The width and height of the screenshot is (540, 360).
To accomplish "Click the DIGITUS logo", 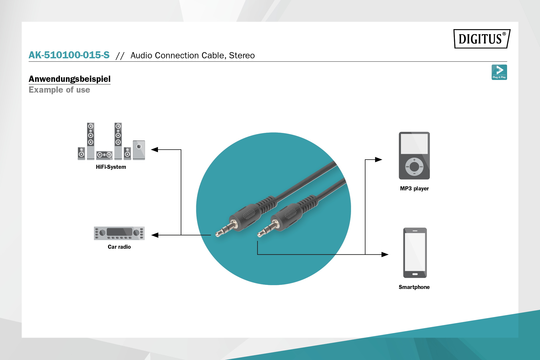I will [482, 39].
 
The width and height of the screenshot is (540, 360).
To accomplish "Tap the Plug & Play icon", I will [499, 72].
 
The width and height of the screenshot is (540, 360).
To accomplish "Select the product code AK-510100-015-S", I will [69, 55].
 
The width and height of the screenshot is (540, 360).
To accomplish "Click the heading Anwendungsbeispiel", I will [70, 79].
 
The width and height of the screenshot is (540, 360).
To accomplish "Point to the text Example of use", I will [59, 90].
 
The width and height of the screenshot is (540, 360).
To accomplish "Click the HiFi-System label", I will [111, 167].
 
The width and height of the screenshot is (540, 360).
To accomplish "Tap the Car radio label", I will [119, 247].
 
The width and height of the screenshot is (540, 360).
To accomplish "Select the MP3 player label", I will [414, 189].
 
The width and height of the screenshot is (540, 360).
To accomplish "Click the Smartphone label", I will [414, 287].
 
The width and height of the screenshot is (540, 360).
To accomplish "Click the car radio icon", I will [119, 233].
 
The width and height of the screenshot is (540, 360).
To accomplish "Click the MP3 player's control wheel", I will [414, 167].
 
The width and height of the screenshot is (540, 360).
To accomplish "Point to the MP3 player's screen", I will [414, 144].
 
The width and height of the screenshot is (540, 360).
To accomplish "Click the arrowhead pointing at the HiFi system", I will [155, 150].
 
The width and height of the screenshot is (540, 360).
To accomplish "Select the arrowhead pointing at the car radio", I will [155, 235].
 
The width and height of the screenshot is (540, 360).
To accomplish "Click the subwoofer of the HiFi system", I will [139, 150].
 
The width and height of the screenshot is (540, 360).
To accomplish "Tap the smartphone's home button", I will [415, 274].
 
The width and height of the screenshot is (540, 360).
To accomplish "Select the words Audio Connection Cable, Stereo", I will [193, 55].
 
